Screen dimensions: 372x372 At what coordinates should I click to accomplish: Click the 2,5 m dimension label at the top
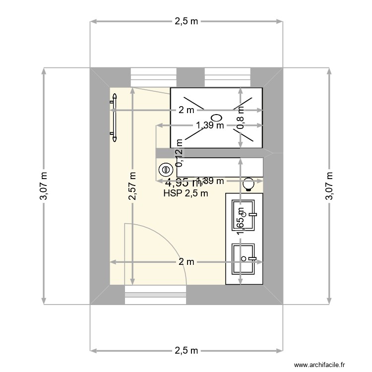pos(186,21)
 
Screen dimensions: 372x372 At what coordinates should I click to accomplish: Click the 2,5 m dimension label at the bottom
pos(186,351)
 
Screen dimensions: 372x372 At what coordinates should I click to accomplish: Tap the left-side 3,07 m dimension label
pos(44,186)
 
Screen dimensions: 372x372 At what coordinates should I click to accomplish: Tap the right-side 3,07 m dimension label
pos(328,186)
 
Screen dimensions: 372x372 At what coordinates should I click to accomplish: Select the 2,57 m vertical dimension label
pos(132,186)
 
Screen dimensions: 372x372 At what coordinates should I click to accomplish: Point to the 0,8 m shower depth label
pos(241,117)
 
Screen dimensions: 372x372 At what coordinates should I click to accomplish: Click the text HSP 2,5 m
pos(186,194)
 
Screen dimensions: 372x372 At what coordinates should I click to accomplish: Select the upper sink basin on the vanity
pos(244,215)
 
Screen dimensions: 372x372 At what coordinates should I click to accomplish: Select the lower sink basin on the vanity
pos(244,258)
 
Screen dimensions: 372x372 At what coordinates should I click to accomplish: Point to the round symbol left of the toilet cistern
pos(164,170)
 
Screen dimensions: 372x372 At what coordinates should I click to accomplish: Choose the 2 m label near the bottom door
pos(186,262)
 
